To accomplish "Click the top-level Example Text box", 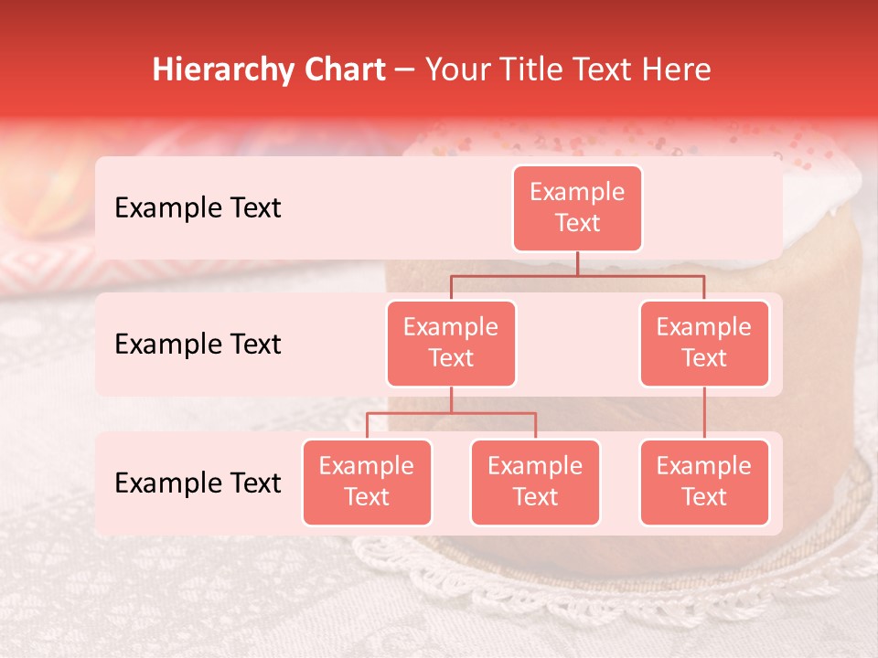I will pyautogui.click(x=577, y=207).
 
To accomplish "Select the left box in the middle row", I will pyautogui.click(x=451, y=343).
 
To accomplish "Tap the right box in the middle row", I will pyautogui.click(x=704, y=343).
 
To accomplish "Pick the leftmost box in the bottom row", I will pyautogui.click(x=367, y=482).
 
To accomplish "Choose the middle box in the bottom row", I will pyautogui.click(x=535, y=482).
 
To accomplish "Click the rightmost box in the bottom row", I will pyautogui.click(x=704, y=482).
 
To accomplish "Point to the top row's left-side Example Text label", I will pyautogui.click(x=198, y=207).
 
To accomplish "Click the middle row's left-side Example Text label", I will pyautogui.click(x=198, y=344).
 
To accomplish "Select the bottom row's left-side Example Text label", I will pyautogui.click(x=198, y=483).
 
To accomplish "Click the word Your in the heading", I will pyautogui.click(x=460, y=69).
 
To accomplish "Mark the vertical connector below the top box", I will pyautogui.click(x=577, y=263).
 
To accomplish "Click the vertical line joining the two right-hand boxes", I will pyautogui.click(x=704, y=413).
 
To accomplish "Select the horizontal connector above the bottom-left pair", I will pyautogui.click(x=451, y=413).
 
